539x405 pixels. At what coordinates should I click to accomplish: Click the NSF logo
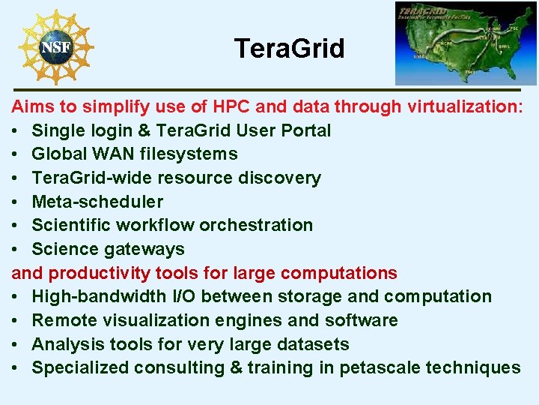click(56, 47)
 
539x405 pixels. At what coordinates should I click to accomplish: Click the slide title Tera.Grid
click(289, 49)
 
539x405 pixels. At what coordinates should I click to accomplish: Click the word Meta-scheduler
click(97, 202)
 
